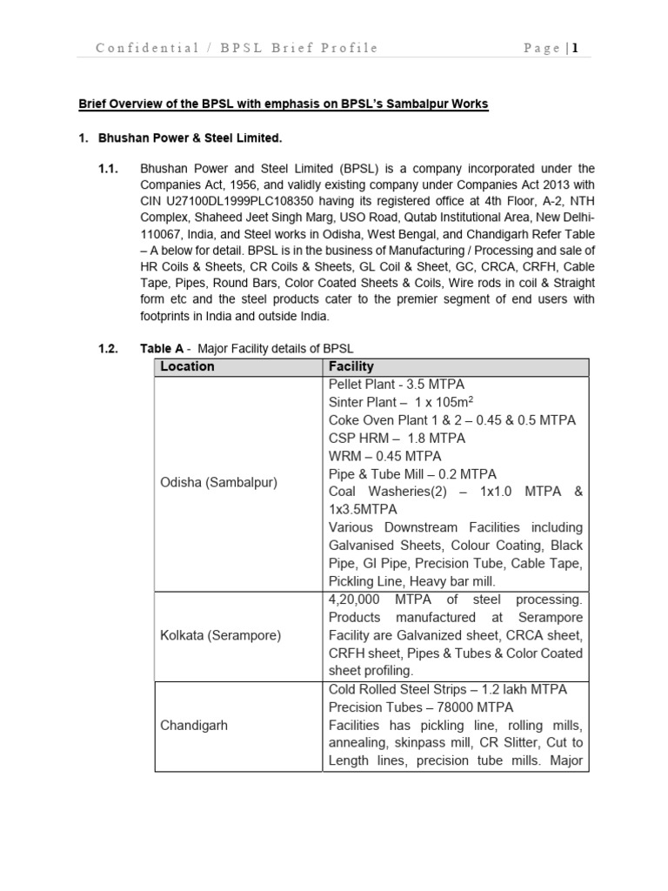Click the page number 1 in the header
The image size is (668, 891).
[575, 48]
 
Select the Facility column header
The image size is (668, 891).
[351, 366]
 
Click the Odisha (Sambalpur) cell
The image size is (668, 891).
[217, 482]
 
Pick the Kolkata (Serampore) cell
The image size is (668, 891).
[220, 635]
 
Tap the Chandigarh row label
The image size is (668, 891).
[193, 725]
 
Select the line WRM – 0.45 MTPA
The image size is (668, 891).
[384, 456]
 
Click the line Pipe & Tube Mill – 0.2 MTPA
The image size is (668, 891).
[412, 474]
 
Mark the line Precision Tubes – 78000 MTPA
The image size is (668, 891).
[420, 707]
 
